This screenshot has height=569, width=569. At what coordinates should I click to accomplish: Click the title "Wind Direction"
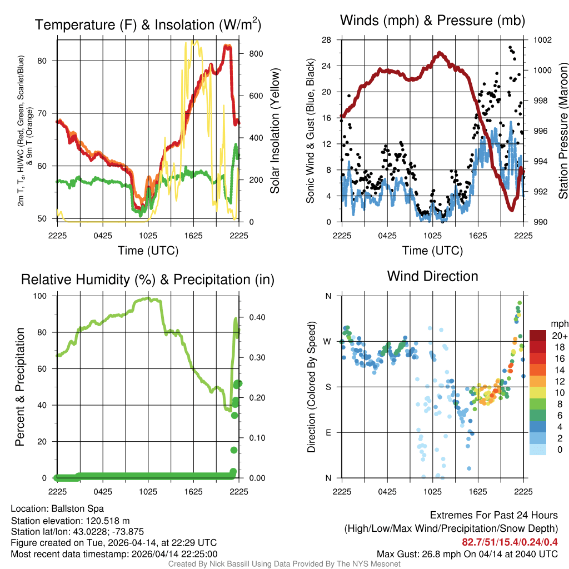[432, 276]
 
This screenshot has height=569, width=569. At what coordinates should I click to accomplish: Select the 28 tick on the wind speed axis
[327, 39]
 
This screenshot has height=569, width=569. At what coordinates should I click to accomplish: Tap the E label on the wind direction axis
[328, 432]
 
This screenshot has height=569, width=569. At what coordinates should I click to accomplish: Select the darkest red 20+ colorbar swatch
[538, 336]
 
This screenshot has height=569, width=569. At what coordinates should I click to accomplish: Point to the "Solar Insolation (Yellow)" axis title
[274, 131]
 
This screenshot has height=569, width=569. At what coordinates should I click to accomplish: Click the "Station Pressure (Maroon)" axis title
[562, 131]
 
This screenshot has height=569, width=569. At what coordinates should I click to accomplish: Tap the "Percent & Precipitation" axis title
[20, 386]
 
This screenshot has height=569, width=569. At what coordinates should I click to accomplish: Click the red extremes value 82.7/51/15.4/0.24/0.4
[510, 542]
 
